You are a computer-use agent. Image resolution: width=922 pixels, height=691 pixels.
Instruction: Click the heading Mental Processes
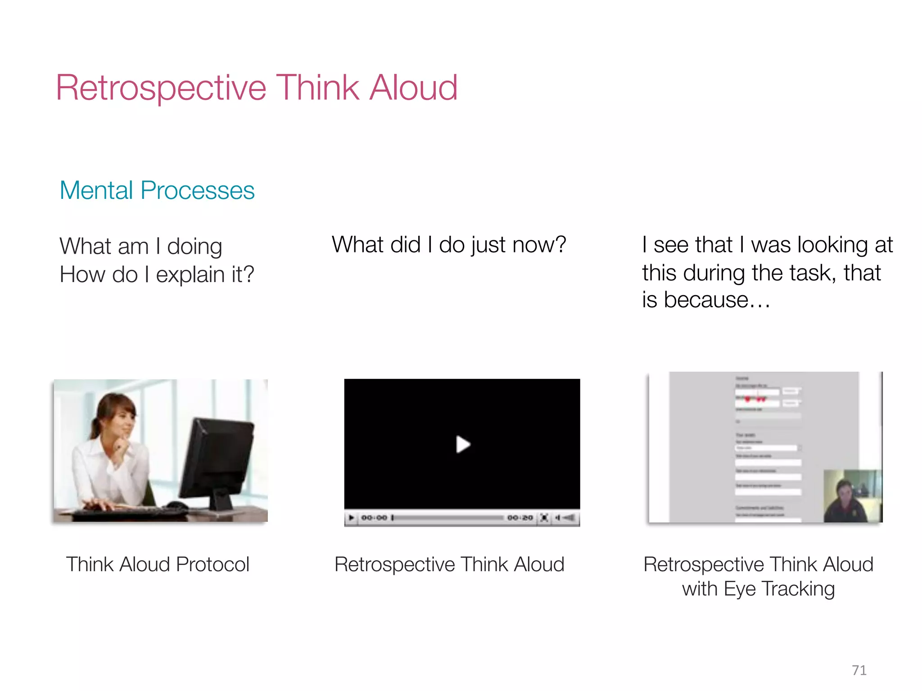[x=157, y=190]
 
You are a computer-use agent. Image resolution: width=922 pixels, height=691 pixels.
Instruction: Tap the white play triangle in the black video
[x=462, y=444]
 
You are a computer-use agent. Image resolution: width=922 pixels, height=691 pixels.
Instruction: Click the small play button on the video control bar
[x=352, y=518]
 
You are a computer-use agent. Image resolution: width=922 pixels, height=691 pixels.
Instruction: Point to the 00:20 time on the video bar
[x=520, y=518]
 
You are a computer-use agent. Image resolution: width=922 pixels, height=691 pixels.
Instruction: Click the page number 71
[x=859, y=670]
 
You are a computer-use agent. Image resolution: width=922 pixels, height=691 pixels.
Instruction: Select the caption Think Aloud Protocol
[x=158, y=564]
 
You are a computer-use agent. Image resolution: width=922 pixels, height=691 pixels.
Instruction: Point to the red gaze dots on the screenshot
[x=755, y=399]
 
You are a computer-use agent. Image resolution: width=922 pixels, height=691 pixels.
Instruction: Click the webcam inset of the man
[x=852, y=496]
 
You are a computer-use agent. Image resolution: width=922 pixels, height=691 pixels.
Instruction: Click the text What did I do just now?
[x=449, y=245]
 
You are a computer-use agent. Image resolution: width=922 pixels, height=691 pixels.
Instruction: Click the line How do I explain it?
[x=157, y=274]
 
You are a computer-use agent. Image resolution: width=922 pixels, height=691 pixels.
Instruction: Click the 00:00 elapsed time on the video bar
[x=374, y=518]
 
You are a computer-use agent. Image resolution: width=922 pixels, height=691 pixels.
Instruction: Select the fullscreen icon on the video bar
[x=544, y=518]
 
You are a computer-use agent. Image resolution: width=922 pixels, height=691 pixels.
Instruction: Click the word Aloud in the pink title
[x=413, y=88]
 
